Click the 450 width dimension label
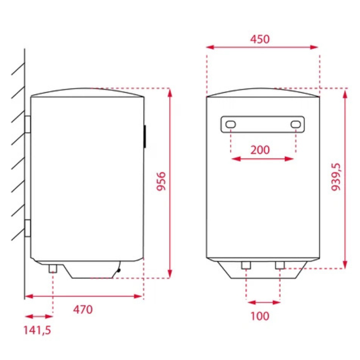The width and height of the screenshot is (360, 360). pyautogui.click(x=260, y=39)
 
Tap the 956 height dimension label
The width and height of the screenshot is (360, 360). pyautogui.click(x=161, y=181)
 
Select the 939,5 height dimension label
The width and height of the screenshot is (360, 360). pyautogui.click(x=336, y=177)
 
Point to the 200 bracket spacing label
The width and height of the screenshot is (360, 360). pyautogui.click(x=260, y=150)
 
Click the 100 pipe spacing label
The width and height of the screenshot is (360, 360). pyautogui.click(x=260, y=316)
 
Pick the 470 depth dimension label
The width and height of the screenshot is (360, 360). pyautogui.click(x=83, y=310)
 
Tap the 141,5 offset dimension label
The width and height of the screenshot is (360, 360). pyautogui.click(x=37, y=330)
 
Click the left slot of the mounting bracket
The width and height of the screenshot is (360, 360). pyautogui.click(x=230, y=124)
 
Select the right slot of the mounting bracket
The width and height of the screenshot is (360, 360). pyautogui.click(x=296, y=124)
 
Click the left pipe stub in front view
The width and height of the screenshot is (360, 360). pyautogui.click(x=246, y=265)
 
